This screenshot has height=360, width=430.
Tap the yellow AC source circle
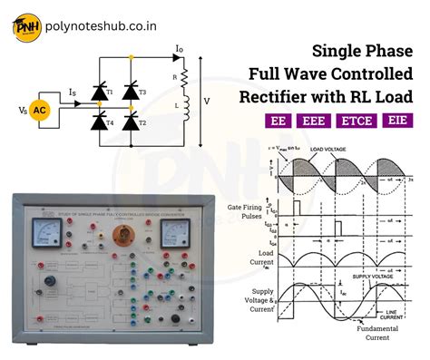pos(40,111)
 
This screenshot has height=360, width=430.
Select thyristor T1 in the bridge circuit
pos(97,92)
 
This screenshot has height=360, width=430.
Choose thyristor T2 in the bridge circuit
pos(131,121)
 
